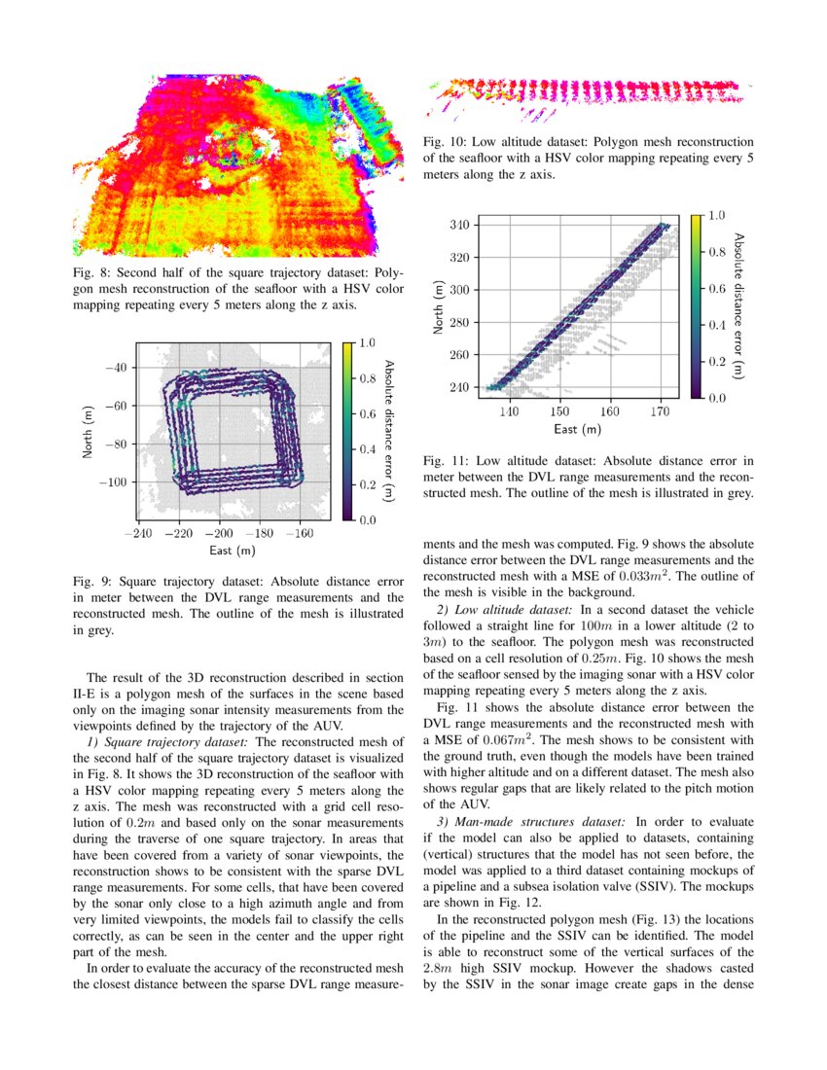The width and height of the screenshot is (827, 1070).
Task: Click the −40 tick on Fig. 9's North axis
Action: click(x=118, y=368)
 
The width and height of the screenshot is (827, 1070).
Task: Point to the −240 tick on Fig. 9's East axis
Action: click(x=140, y=534)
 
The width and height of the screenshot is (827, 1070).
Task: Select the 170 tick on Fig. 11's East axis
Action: click(x=659, y=411)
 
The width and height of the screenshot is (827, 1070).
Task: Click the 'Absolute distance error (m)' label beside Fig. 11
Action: click(x=738, y=305)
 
